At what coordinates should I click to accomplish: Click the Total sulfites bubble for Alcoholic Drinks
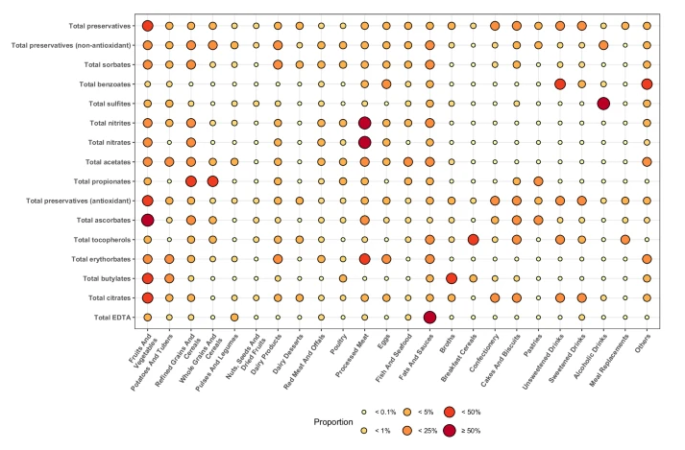click(x=603, y=104)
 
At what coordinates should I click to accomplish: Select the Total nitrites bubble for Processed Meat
click(x=364, y=123)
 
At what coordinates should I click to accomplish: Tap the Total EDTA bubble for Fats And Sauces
click(x=429, y=317)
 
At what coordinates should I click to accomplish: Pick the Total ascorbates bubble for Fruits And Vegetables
click(x=148, y=220)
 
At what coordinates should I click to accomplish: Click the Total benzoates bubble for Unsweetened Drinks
click(x=560, y=84)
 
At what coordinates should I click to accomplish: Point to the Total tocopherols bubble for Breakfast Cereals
click(x=473, y=239)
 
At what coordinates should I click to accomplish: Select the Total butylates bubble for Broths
click(x=452, y=278)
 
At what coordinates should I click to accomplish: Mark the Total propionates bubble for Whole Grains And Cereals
click(x=212, y=181)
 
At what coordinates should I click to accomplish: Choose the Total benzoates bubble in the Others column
click(x=647, y=84)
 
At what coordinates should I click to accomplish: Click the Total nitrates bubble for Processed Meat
click(x=364, y=142)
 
